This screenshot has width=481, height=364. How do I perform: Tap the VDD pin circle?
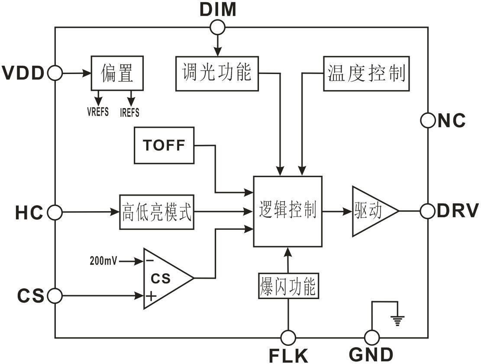click(x=55, y=73)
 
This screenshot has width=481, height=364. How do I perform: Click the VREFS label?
click(x=98, y=113)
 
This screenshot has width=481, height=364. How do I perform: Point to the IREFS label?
click(x=129, y=113)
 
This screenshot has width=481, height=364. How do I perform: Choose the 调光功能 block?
click(x=216, y=73)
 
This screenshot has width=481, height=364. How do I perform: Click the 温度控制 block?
click(x=366, y=73)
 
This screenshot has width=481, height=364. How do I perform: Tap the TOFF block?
click(x=164, y=145)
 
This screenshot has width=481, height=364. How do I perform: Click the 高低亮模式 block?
click(x=156, y=212)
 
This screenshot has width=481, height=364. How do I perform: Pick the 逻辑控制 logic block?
click(x=288, y=211)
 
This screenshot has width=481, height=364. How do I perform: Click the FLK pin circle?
click(x=288, y=337)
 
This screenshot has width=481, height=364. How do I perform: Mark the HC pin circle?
click(x=55, y=213)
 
